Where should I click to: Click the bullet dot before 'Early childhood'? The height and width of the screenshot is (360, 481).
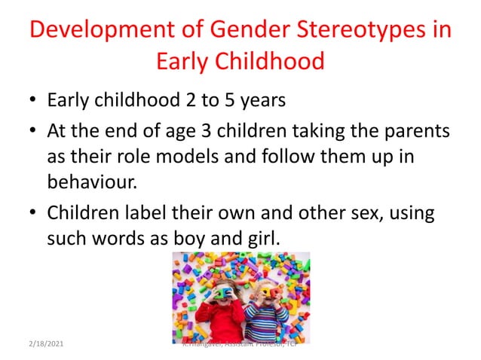tap(31, 101)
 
